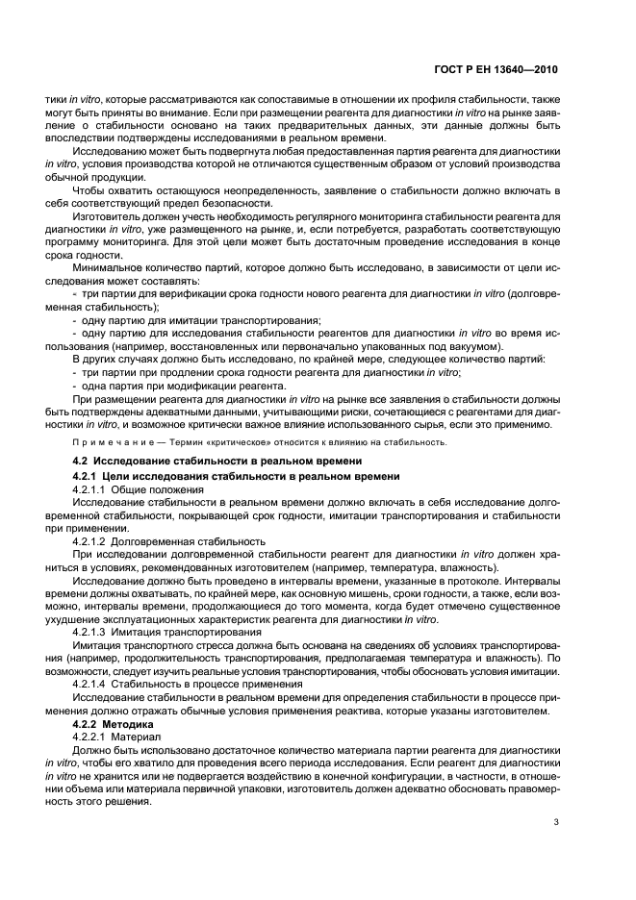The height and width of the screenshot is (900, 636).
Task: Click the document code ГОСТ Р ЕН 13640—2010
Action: [x=496, y=70]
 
